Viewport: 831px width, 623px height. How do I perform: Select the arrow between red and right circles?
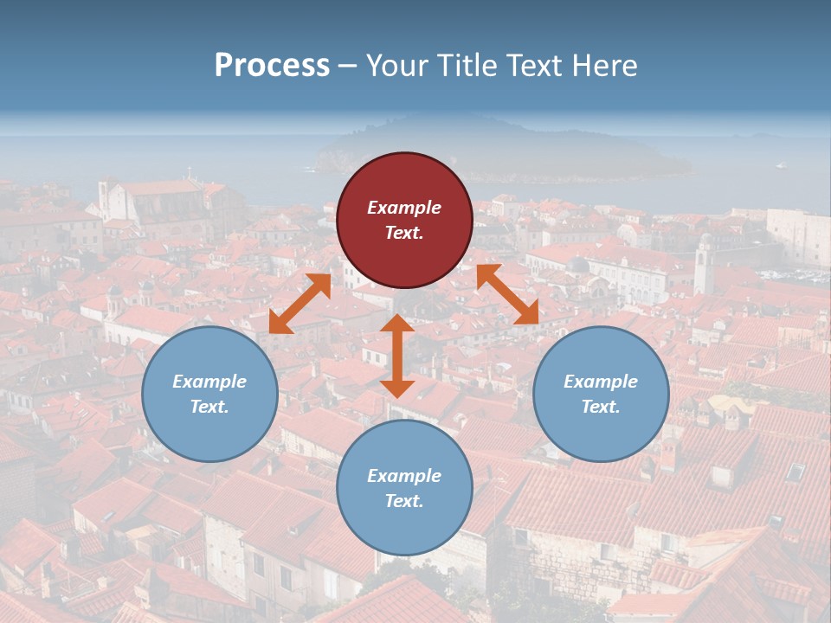pyautogui.click(x=507, y=295)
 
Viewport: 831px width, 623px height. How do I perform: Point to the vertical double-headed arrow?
pyautogui.click(x=397, y=356)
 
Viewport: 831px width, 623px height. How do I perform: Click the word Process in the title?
pyautogui.click(x=272, y=65)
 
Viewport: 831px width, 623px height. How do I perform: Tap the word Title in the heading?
pyautogui.click(x=467, y=65)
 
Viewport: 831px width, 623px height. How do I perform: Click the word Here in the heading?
pyautogui.click(x=606, y=65)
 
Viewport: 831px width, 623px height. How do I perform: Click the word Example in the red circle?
pyautogui.click(x=404, y=208)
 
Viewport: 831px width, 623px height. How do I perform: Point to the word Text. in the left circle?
pyautogui.click(x=209, y=407)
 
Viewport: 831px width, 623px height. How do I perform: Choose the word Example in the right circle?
pyautogui.click(x=601, y=382)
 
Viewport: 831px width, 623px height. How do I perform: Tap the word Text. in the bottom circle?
pyautogui.click(x=404, y=501)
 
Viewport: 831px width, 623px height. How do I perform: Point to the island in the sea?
pyautogui.click(x=502, y=156)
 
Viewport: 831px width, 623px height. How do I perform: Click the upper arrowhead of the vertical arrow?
pyautogui.click(x=397, y=324)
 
